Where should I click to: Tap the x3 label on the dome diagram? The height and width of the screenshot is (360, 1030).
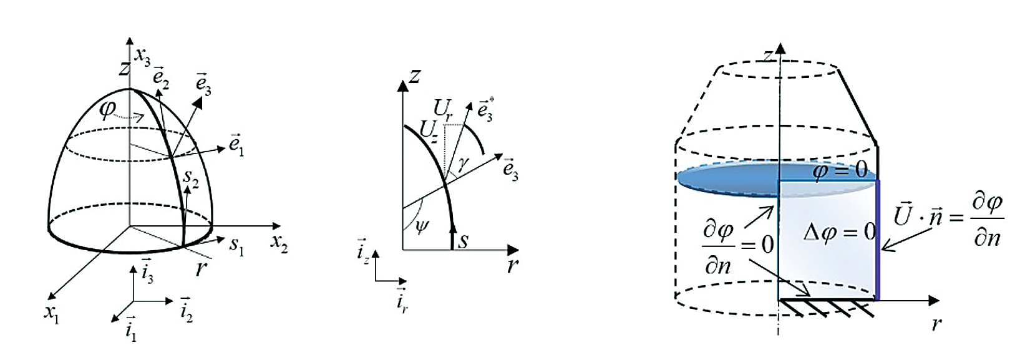coord(142,57)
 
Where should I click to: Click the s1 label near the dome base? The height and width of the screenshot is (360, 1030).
coord(236,246)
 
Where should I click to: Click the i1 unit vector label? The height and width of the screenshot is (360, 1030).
coord(131,329)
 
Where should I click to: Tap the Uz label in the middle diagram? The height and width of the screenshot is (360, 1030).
coord(428,131)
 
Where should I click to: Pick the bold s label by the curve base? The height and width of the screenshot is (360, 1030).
coord(463,240)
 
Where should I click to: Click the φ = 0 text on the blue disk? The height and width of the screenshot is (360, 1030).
coord(840,172)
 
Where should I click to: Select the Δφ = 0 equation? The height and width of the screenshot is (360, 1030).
coord(840,233)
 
